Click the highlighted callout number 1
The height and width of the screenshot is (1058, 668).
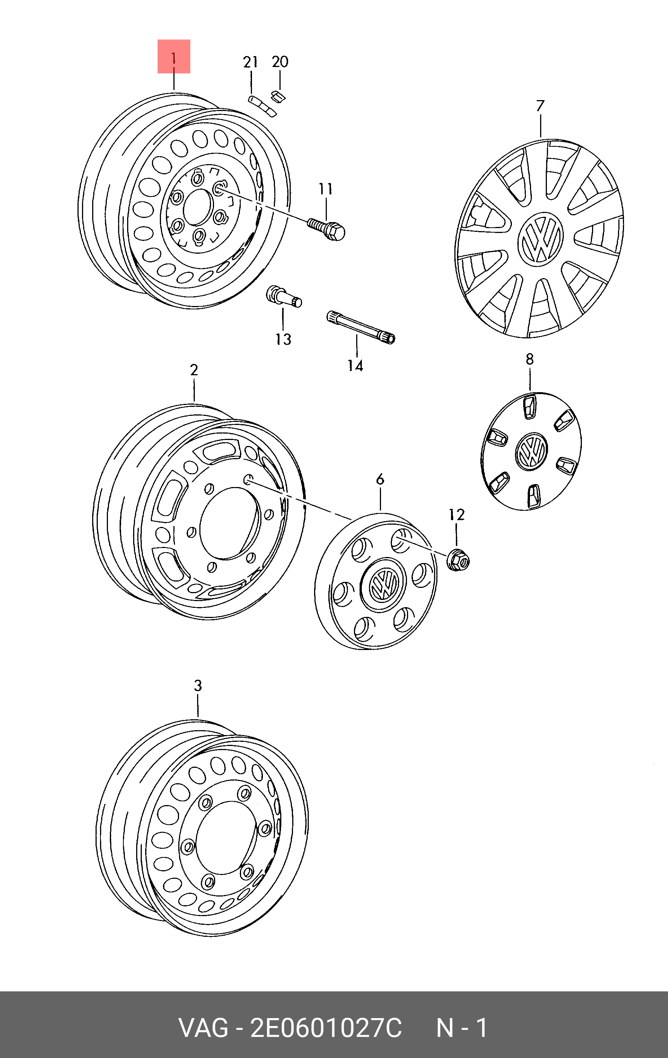174,57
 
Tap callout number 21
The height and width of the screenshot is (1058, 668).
250,62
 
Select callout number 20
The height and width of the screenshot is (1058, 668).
280,62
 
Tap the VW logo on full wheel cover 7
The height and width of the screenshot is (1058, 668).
540,240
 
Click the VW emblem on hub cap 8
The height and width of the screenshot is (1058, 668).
531,451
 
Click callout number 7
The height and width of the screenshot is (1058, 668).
540,106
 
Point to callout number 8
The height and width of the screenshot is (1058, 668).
530,359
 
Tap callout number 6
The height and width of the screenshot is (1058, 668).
380,480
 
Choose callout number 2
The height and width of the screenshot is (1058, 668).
194,370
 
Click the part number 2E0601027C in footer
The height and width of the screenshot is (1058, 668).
325,1029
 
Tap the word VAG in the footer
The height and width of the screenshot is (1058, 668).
203,1029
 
